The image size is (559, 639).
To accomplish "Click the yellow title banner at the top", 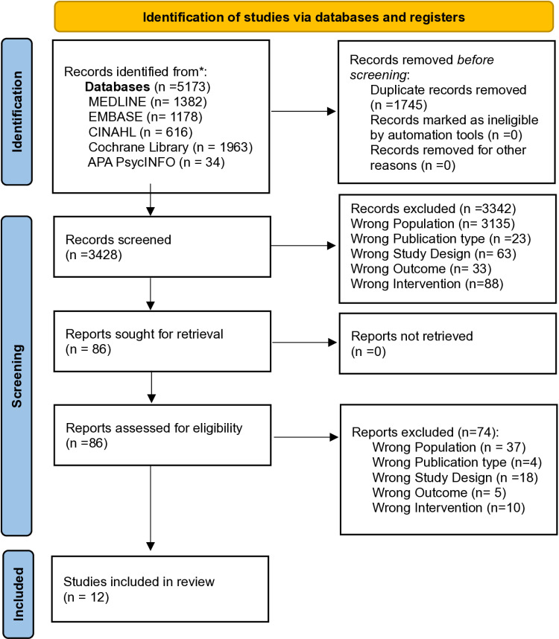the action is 304,16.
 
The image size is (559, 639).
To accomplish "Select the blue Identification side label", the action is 16,112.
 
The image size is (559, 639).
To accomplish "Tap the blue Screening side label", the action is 16,376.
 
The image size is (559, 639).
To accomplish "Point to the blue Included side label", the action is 18,594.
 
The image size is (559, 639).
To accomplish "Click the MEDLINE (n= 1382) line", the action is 148,101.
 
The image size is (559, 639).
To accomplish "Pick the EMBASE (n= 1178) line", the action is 145,117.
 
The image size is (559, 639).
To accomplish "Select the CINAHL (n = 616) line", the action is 140,132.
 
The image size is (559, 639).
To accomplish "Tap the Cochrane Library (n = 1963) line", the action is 171,147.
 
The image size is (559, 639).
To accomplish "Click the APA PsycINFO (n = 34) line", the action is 157,162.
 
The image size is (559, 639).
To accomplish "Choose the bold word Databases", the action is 118,87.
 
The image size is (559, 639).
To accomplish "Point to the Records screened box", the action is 162,247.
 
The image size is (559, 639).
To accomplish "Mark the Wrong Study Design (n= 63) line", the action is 434,253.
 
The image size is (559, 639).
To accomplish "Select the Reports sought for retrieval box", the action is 162,342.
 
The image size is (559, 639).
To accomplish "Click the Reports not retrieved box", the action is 447,343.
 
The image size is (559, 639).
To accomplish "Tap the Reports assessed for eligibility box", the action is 162,435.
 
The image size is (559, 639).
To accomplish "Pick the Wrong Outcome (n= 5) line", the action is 439,493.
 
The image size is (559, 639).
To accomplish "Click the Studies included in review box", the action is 160,589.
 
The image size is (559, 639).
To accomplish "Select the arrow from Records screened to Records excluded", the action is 303,246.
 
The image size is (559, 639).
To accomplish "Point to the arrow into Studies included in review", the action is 151,508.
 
